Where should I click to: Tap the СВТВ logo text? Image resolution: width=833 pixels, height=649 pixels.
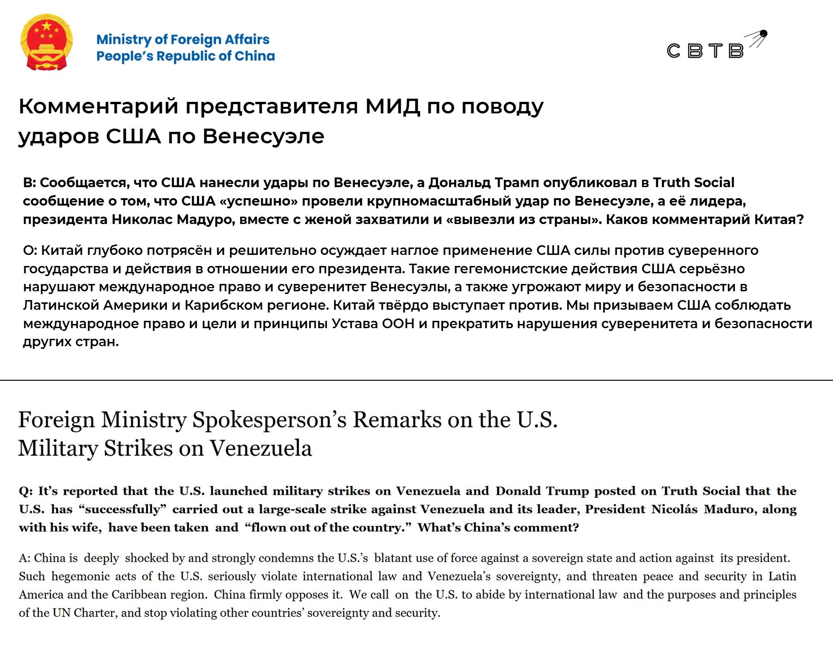pos(705,51)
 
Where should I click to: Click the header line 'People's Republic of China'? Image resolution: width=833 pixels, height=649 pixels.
pos(185,56)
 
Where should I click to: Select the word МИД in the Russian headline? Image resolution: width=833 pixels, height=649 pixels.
pos(392,106)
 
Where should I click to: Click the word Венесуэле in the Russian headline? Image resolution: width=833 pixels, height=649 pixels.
pos(263,136)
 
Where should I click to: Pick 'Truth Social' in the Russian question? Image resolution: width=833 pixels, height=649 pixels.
pos(693,183)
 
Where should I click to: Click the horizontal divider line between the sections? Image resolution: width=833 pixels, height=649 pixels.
pos(416,380)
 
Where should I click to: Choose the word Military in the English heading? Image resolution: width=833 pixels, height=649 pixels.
pos(57,448)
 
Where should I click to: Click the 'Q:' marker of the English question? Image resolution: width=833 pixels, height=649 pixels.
pos(26,491)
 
